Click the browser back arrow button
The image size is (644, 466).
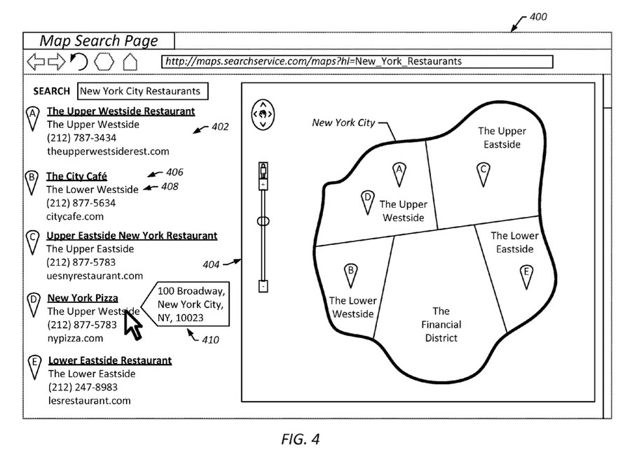(36, 62)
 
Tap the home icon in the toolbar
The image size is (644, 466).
(130, 62)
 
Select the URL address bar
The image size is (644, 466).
(357, 62)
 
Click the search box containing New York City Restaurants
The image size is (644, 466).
(142, 91)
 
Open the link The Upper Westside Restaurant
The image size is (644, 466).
(121, 111)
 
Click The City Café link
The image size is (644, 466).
(76, 176)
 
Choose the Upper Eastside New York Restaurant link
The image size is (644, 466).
(132, 236)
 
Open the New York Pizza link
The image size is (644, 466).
(83, 298)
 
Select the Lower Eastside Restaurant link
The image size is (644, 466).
(110, 360)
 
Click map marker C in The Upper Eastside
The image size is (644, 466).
(484, 174)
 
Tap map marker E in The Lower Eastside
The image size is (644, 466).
(526, 277)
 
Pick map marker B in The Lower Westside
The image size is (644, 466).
(350, 275)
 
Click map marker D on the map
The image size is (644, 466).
(368, 202)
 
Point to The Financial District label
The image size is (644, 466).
(441, 325)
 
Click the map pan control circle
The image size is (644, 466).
(263, 115)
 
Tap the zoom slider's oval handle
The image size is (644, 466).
(263, 222)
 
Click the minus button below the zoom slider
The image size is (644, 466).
(263, 286)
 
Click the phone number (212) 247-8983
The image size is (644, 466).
(83, 387)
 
